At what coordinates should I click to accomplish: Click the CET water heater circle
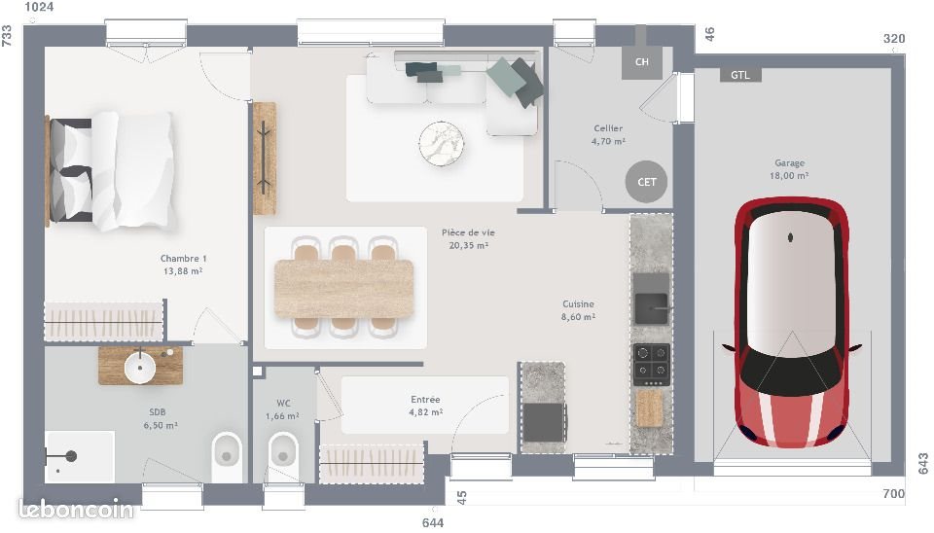[x=647, y=181]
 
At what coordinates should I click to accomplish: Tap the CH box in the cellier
[x=641, y=62]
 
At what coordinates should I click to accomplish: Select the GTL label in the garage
[x=739, y=75]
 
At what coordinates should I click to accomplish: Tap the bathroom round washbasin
[x=138, y=366]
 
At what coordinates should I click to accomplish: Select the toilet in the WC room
[x=283, y=452]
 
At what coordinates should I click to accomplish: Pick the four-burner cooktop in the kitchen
[x=651, y=365]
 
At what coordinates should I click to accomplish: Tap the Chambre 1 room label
[x=183, y=265]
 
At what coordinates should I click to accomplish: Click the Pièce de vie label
[x=468, y=238]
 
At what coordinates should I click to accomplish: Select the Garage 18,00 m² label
[x=789, y=169]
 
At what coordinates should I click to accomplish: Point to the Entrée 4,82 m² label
[x=424, y=406]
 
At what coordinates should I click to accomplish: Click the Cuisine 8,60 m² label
[x=577, y=309]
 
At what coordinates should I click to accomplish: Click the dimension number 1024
[x=39, y=8]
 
